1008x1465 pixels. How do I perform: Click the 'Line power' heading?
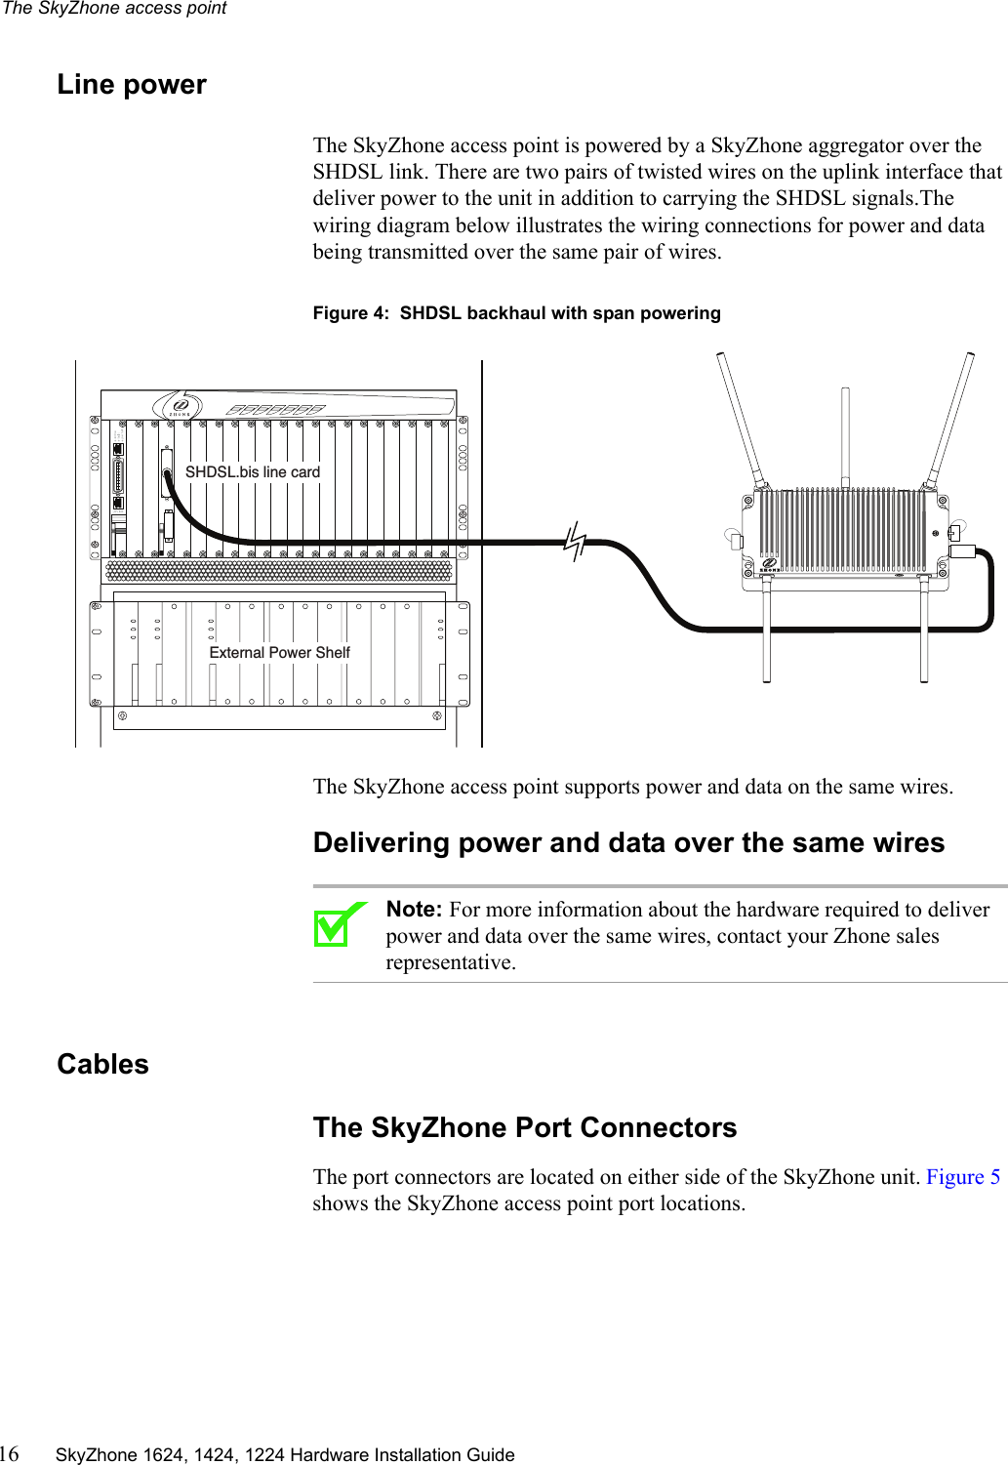pyautogui.click(x=132, y=85)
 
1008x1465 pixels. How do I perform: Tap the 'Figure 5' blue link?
pyautogui.click(x=962, y=1177)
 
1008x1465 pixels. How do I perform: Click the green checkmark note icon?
pyautogui.click(x=337, y=924)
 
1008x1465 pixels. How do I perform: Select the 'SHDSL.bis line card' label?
pyautogui.click(x=253, y=472)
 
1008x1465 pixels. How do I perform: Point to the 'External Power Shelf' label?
pyautogui.click(x=279, y=653)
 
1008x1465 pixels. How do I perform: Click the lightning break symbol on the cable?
pyautogui.click(x=576, y=540)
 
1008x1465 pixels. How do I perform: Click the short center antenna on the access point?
pyautogui.click(x=845, y=434)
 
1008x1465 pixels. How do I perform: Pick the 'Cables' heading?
pyautogui.click(x=102, y=1065)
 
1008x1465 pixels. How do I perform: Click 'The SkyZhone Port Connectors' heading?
pyautogui.click(x=525, y=1128)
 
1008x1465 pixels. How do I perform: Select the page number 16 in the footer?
pyautogui.click(x=9, y=1454)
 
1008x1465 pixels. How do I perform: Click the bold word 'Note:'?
pyautogui.click(x=414, y=910)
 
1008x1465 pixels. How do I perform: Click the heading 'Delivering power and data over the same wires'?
pyautogui.click(x=628, y=843)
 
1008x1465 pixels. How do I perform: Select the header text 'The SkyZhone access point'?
pyautogui.click(x=114, y=9)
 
